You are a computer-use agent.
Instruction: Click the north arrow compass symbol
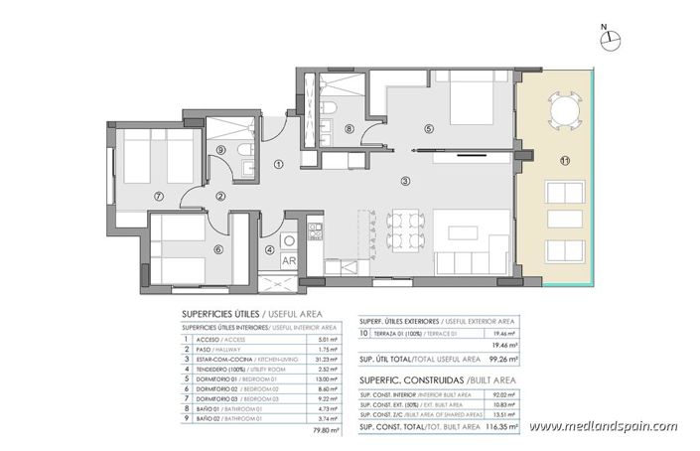coord(612,38)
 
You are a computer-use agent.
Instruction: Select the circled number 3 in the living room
coord(405,181)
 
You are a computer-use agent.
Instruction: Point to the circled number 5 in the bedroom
coord(428,128)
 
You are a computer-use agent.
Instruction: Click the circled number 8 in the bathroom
coord(349,128)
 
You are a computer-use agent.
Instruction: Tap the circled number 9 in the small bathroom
coord(221,150)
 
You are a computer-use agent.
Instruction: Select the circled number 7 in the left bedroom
coord(157,196)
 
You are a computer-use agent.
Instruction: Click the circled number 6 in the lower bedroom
coord(217,249)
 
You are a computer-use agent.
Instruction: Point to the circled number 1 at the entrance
coord(279,165)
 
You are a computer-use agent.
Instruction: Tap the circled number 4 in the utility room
coord(271,249)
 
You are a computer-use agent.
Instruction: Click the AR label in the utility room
coord(289,261)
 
